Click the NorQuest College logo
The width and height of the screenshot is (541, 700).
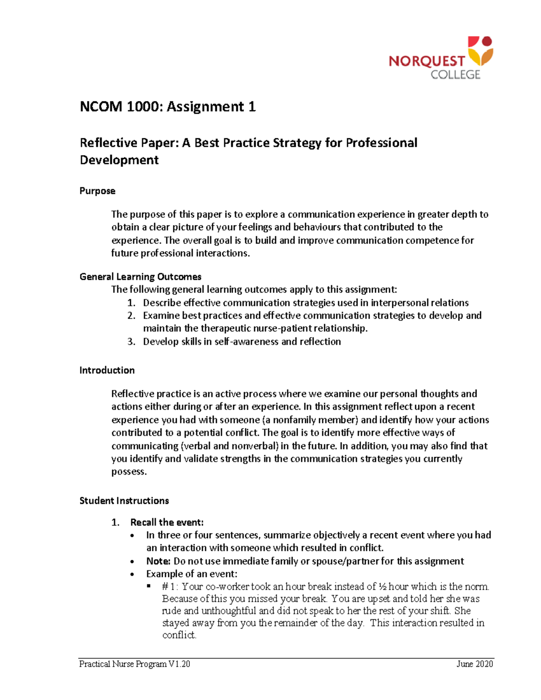[440, 59]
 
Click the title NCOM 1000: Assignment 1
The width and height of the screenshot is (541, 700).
[167, 107]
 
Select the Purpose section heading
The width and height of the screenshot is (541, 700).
[97, 191]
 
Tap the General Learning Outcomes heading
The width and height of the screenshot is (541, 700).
[140, 277]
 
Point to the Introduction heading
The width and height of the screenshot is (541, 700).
[107, 371]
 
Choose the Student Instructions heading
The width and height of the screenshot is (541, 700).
[124, 501]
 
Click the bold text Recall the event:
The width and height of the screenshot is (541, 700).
[167, 522]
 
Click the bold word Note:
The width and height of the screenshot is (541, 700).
[158, 561]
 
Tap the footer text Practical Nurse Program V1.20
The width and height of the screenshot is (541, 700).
[134, 664]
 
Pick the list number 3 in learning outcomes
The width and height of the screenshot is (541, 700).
[131, 342]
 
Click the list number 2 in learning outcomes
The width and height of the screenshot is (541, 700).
[131, 316]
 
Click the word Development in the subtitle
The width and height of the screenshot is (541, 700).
[119, 160]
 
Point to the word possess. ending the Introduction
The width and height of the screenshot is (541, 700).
[129, 472]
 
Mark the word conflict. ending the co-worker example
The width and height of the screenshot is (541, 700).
[179, 635]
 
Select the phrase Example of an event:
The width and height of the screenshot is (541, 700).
[192, 574]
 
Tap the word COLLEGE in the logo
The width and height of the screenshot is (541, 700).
[455, 75]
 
